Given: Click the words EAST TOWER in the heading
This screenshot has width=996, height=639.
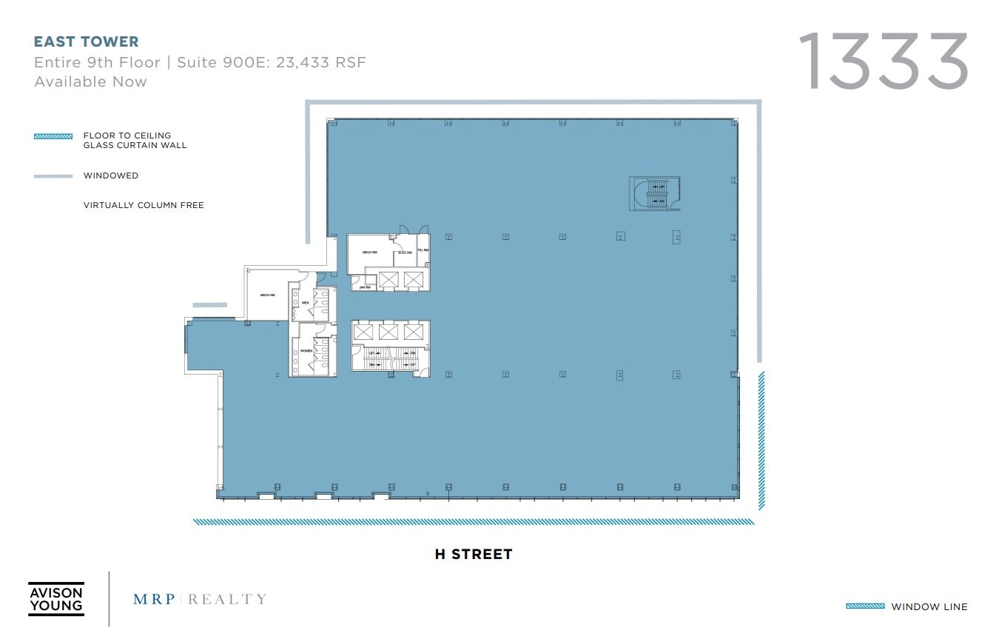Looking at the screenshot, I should (87, 42).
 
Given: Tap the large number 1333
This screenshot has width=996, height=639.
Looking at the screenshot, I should (883, 61).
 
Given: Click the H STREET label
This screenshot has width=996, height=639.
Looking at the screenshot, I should (473, 554).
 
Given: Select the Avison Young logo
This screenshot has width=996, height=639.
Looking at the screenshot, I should (56, 598).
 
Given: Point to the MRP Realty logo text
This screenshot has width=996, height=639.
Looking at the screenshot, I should (200, 599).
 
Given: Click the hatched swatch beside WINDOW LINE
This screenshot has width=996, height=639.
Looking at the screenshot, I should (865, 606).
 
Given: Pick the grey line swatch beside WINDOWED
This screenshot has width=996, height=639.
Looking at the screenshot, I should (53, 176).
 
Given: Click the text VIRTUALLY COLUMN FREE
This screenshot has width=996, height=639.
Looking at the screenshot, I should (144, 205).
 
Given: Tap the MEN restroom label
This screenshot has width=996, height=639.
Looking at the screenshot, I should (305, 303).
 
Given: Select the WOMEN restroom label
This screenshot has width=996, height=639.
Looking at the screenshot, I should (306, 350).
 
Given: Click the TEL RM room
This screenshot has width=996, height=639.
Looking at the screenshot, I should (423, 251).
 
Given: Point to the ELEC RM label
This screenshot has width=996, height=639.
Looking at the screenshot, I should (405, 253).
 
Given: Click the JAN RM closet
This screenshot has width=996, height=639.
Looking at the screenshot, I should (363, 286).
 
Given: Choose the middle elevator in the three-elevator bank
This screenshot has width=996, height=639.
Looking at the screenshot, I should (388, 332).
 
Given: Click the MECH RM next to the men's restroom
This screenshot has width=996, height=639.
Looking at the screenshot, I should (267, 295).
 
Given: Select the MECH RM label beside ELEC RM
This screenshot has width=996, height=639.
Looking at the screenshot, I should (369, 252).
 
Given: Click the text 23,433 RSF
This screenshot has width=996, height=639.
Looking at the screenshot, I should (321, 62).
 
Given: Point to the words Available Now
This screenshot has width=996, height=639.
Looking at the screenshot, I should (90, 81).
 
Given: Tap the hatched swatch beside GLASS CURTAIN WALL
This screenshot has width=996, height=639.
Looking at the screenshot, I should (53, 136).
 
